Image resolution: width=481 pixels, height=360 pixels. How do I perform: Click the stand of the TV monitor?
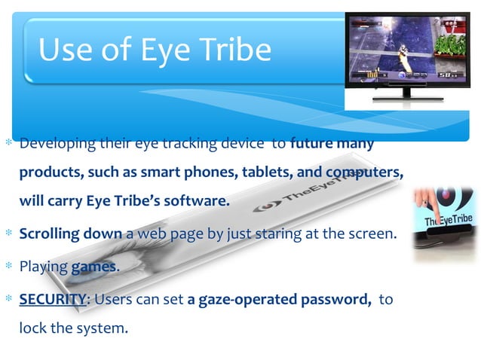pos(408,93)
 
